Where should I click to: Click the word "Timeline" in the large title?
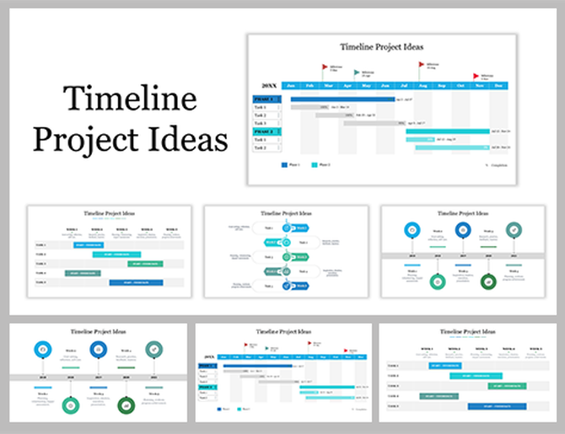click(130, 100)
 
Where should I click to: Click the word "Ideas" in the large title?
click(189, 139)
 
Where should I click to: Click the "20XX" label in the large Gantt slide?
click(268, 86)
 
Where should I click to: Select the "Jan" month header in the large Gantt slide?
click(291, 86)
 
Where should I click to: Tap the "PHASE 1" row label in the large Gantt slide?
click(266, 99)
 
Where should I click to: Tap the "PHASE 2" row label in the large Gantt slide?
click(266, 131)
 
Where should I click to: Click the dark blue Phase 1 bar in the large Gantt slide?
click(342, 99)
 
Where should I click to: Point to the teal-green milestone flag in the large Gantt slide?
click(357, 73)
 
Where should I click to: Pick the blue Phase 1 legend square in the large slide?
click(285, 164)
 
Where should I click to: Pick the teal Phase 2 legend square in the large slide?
click(315, 164)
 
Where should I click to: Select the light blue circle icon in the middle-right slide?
click(411, 229)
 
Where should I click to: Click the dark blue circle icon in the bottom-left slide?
click(95, 349)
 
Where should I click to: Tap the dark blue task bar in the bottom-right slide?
click(497, 406)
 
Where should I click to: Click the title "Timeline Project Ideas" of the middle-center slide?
click(286, 214)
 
